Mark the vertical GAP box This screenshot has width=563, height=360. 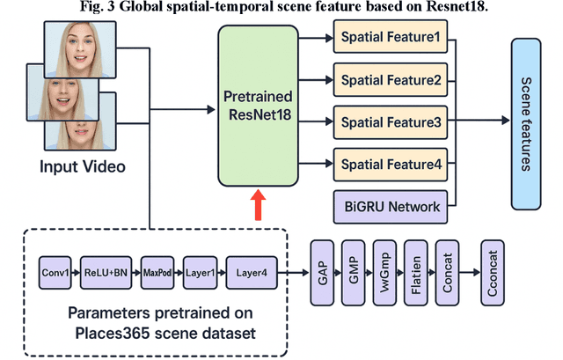coord(322,274)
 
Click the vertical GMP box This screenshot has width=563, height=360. coord(353,274)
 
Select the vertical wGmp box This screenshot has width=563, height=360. coord(384,274)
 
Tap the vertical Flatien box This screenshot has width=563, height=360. coord(414,274)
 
